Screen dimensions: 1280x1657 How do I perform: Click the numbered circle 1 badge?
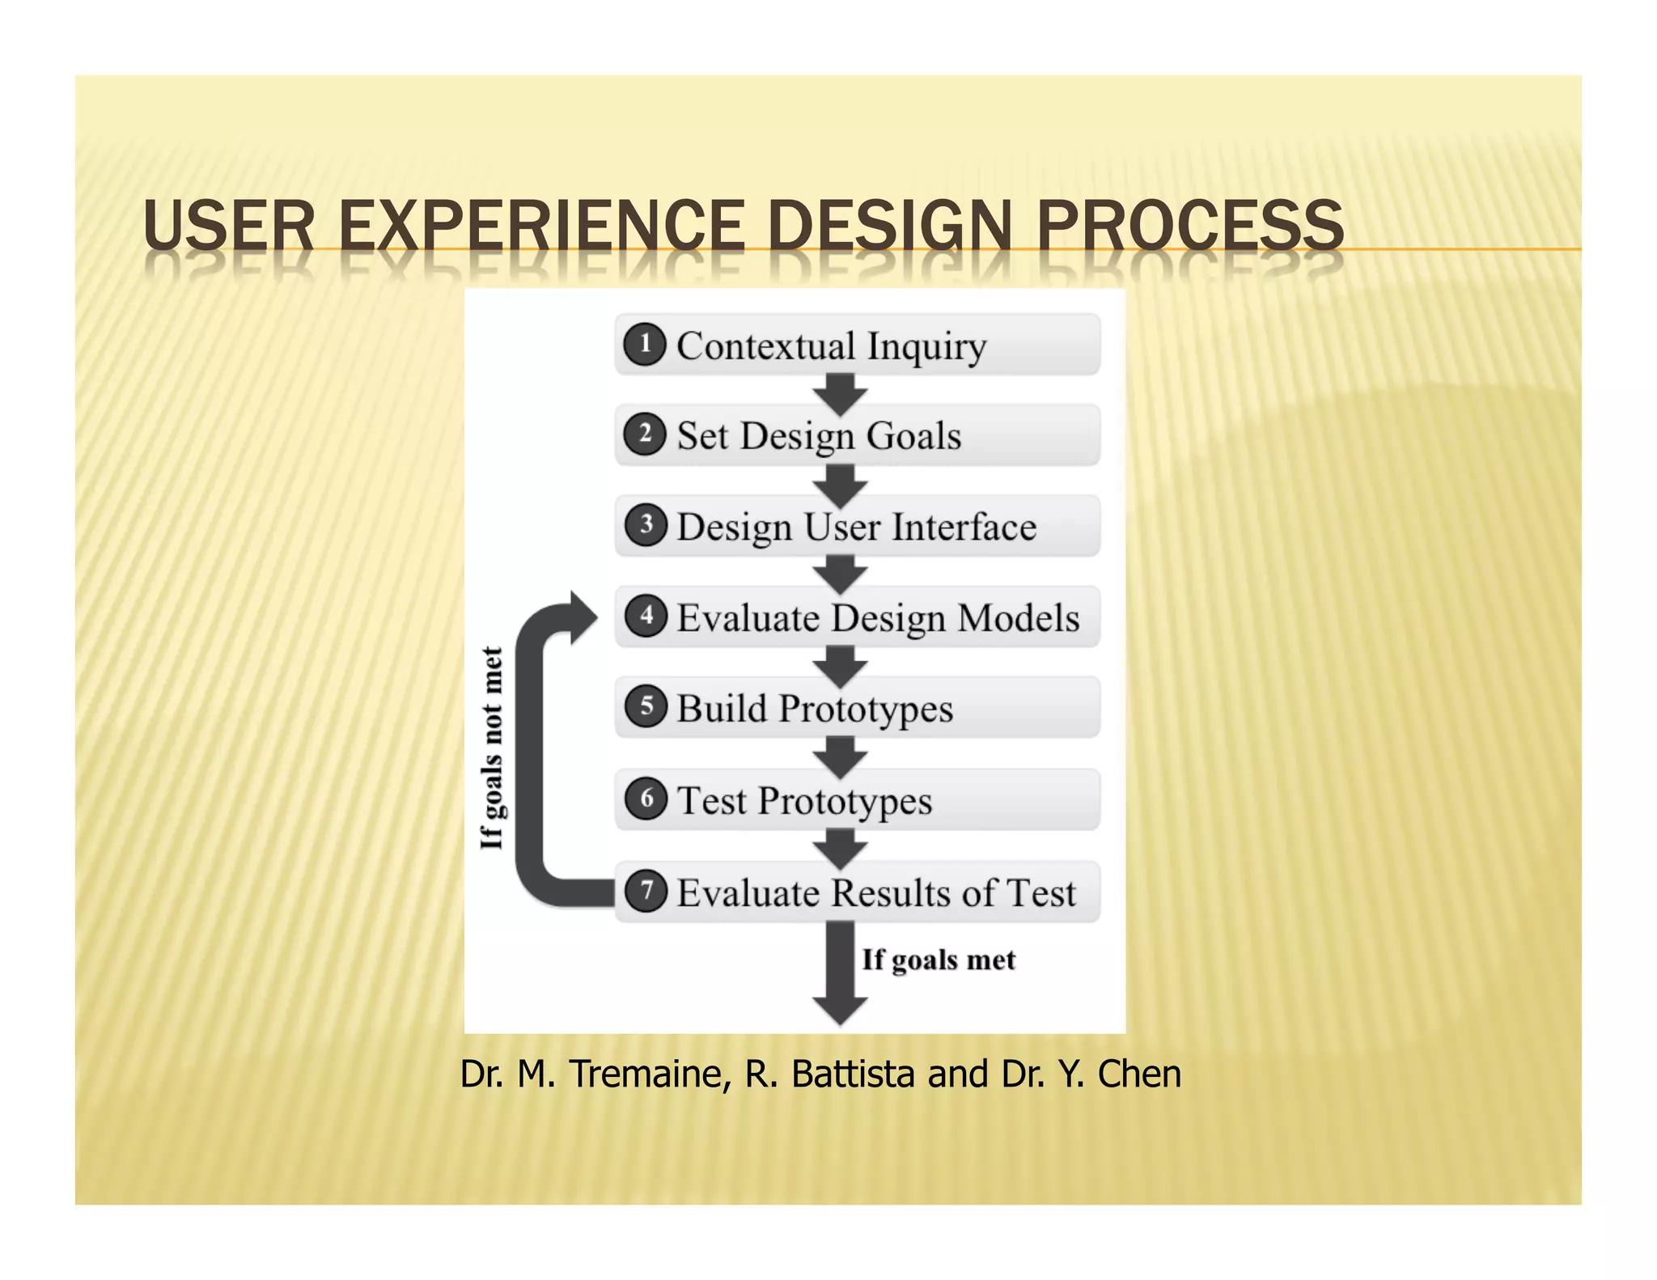click(645, 344)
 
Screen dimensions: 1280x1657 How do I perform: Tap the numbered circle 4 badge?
click(646, 616)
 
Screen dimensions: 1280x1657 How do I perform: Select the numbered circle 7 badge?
click(646, 891)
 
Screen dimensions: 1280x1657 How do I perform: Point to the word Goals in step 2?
click(914, 436)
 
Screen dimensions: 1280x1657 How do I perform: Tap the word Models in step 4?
click(1018, 618)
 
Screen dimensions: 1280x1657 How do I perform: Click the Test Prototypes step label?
click(804, 801)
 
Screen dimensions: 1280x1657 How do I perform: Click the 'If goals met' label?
click(939, 960)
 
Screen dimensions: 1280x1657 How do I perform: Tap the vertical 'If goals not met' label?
click(492, 748)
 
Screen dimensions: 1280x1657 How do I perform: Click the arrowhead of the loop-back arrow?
click(582, 618)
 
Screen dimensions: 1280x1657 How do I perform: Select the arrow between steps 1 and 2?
click(841, 393)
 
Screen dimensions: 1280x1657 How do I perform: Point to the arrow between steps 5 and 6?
click(841, 757)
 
